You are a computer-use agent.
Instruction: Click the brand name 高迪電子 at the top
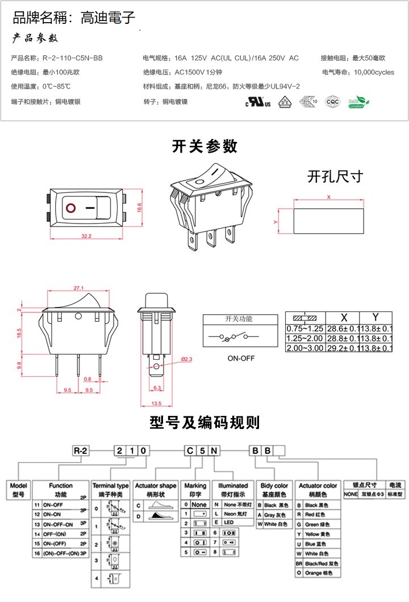(x=107, y=19)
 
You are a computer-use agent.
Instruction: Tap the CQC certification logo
(x=332, y=102)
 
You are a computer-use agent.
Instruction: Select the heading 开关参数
(x=204, y=146)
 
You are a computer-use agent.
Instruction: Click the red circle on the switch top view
(x=72, y=208)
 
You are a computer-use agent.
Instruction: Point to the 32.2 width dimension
(x=86, y=235)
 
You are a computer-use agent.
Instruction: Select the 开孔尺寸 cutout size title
(x=335, y=176)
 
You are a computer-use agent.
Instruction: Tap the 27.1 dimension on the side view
(x=79, y=288)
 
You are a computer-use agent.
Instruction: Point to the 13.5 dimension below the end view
(x=156, y=403)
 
